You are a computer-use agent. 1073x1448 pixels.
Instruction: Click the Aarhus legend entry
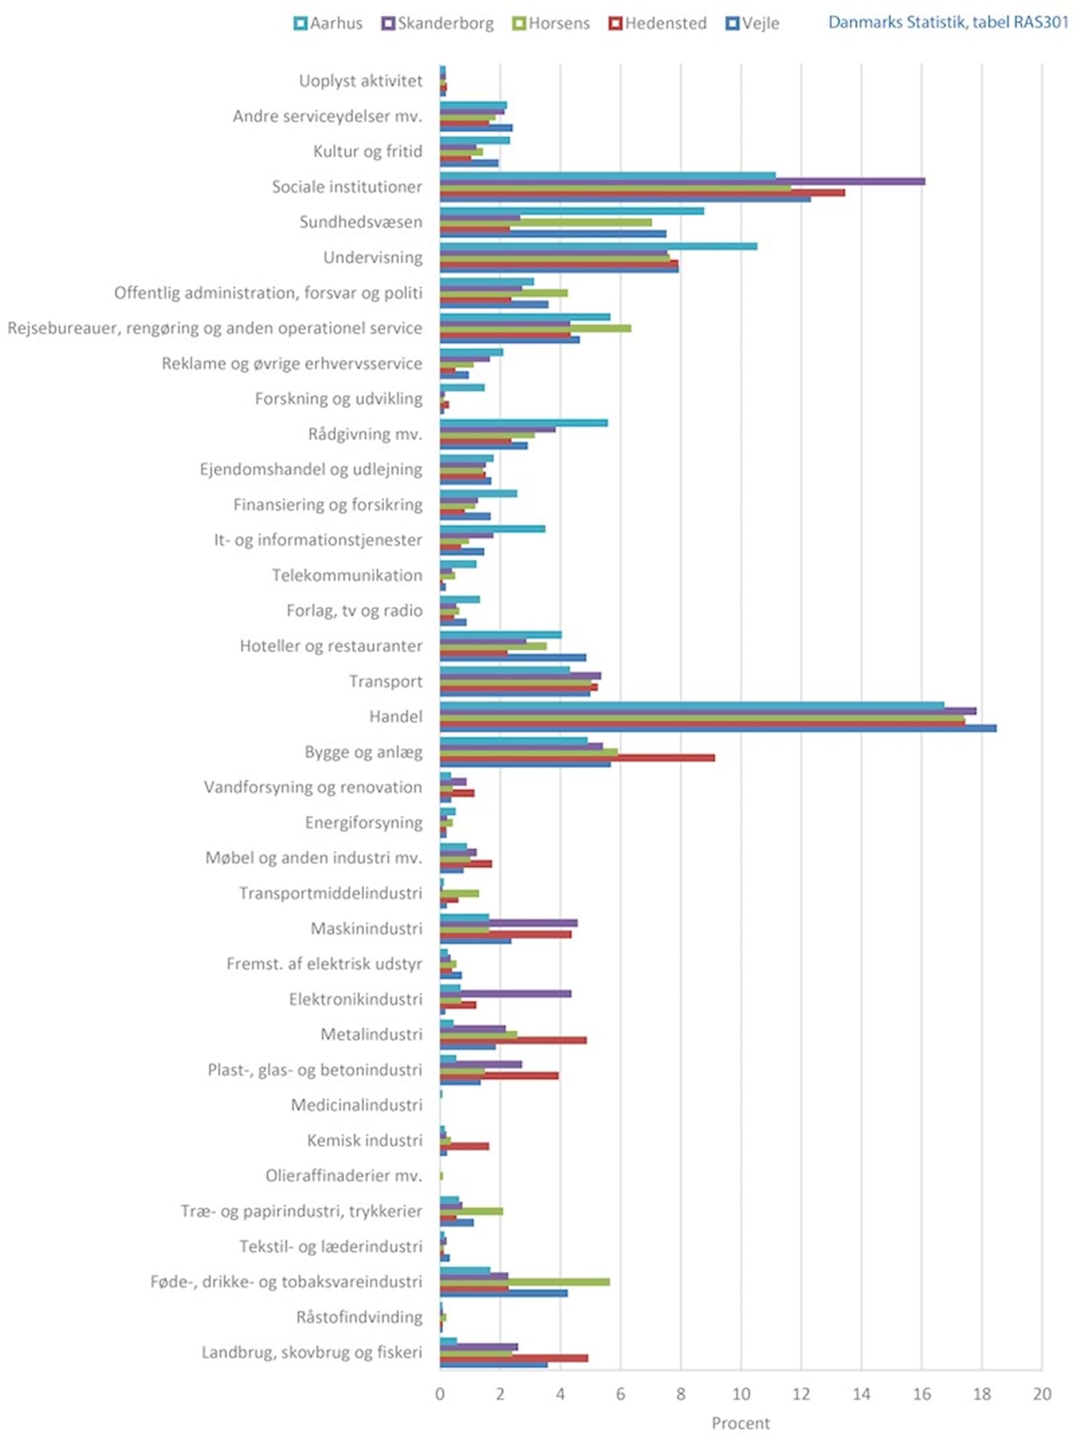329,24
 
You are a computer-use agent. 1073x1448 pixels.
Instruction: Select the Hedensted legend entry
657,24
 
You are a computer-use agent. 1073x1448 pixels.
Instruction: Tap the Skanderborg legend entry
438,24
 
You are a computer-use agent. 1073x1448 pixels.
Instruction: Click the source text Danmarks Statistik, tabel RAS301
949,22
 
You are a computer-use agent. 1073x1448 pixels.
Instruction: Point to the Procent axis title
740,1423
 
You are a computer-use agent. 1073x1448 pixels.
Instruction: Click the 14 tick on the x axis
861,1393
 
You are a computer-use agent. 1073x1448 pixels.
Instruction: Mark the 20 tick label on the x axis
1042,1393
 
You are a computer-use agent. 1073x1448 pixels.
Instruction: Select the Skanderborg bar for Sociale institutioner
682,182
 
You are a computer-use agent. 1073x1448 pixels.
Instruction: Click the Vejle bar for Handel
718,728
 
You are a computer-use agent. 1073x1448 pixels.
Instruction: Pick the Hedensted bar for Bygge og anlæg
577,758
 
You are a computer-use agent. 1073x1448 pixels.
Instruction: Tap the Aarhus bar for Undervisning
599,246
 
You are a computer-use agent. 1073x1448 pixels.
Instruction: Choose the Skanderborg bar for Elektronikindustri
506,993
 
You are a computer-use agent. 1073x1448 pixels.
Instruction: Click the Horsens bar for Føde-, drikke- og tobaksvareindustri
525,1281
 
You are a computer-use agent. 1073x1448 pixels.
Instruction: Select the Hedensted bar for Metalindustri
513,1040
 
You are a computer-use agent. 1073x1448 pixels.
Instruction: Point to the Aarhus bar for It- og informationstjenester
493,528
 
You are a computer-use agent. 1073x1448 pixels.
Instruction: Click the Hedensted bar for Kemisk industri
464,1146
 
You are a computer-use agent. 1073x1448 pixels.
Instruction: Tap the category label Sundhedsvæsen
361,222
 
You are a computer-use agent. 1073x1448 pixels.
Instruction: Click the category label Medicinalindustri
357,1105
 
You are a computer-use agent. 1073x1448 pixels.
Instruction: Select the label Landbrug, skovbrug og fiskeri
312,1353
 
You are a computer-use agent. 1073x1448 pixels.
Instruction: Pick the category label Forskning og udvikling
339,399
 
